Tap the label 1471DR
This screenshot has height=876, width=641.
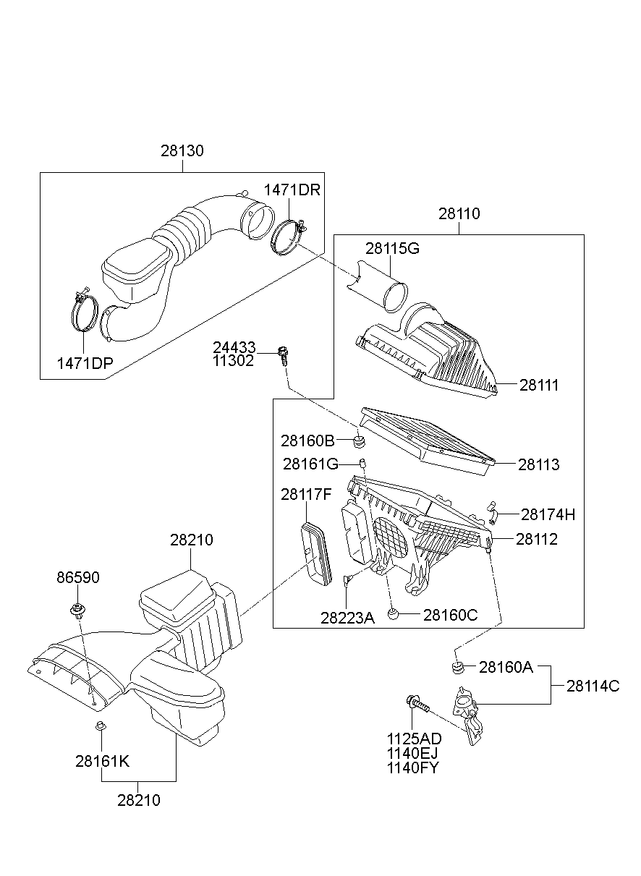292,190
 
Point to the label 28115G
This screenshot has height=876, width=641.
392,248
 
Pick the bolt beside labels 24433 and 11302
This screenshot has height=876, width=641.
284,354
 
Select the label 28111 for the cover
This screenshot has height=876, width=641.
539,385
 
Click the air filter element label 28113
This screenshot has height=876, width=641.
538,464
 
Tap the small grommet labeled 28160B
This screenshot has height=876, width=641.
359,441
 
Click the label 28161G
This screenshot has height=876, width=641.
310,463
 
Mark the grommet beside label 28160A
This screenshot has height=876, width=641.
457,666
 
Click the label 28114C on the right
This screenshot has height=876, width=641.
593,686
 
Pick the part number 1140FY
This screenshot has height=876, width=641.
413,767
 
